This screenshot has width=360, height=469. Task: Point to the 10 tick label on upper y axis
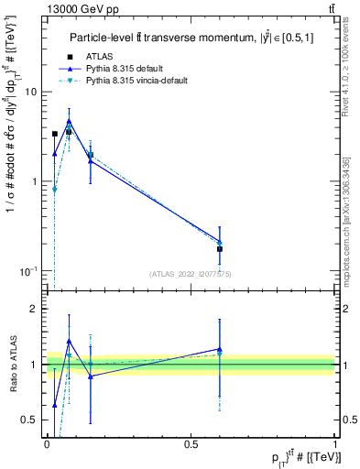[x=30, y=92]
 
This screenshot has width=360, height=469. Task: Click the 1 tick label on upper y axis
[x=33, y=181]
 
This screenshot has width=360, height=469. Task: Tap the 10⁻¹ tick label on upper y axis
[x=28, y=270]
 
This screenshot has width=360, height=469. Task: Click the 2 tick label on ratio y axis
[x=33, y=310]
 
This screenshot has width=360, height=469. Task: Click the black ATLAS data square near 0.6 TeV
[x=220, y=249]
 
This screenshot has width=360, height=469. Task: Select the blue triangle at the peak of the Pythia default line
[x=69, y=121]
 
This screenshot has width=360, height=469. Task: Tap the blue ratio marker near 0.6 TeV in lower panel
[x=220, y=349]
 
